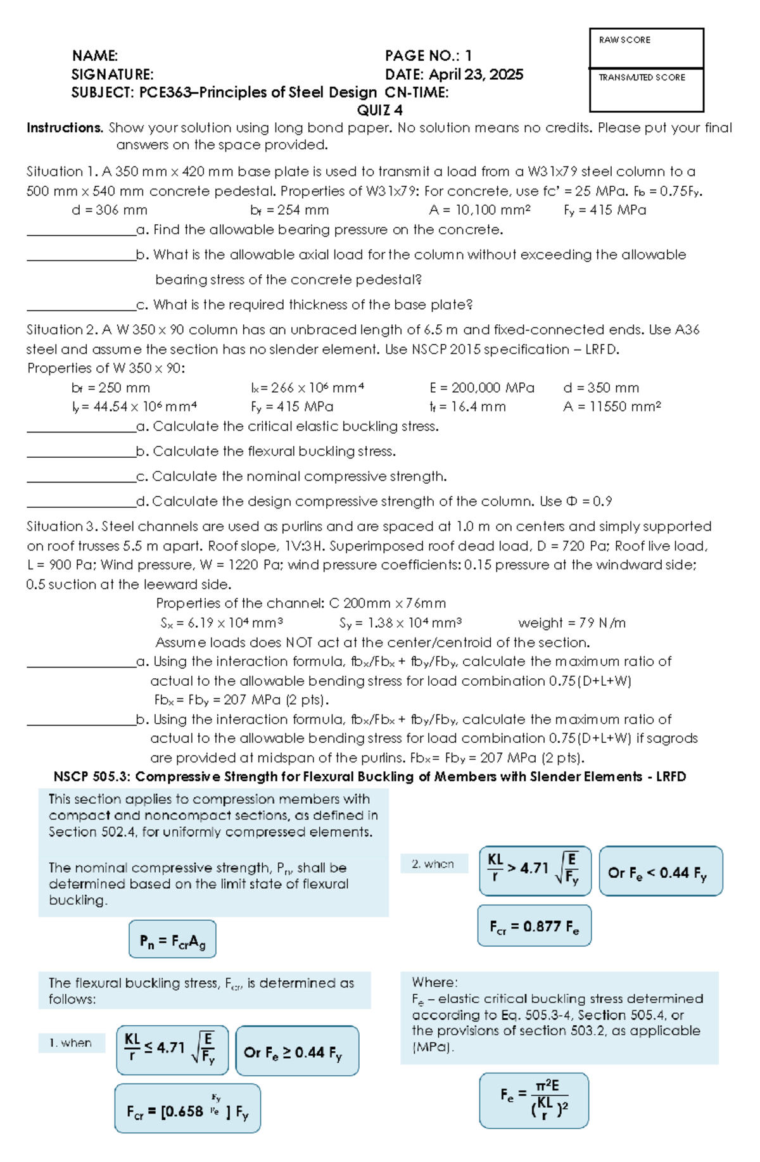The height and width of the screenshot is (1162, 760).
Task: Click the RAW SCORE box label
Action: [624, 40]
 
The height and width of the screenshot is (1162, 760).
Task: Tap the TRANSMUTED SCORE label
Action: [642, 77]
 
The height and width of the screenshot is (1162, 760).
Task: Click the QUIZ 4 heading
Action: [379, 110]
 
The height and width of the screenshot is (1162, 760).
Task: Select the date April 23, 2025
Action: [476, 75]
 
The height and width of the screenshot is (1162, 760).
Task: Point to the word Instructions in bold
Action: [65, 128]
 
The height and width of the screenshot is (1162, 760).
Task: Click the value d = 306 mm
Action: [110, 210]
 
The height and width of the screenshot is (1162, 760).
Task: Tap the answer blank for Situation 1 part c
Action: [81, 306]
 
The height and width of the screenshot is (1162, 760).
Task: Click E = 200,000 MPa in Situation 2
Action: [481, 388]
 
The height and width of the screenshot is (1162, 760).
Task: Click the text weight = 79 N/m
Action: [571, 623]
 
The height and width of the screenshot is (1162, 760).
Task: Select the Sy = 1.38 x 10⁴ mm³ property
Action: [400, 623]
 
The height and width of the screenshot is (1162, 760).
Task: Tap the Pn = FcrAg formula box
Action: [172, 939]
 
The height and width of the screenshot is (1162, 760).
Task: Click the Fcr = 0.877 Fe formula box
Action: [534, 926]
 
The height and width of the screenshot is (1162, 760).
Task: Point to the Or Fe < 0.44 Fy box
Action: [660, 872]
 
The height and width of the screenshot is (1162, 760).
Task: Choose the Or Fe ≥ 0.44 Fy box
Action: [296, 1052]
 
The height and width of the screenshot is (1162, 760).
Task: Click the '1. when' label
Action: [70, 1043]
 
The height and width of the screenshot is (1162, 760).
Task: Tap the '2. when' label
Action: [433, 864]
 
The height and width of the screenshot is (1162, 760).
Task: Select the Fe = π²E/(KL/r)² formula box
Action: [534, 1101]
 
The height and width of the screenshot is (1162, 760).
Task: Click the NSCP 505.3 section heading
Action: [370, 777]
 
